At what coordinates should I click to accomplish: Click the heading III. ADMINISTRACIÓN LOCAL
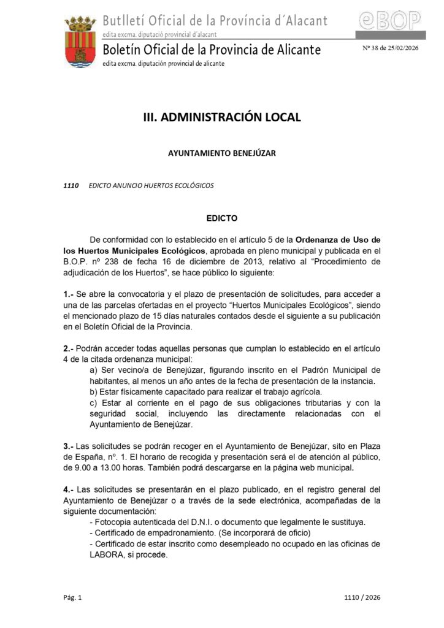click(x=222, y=117)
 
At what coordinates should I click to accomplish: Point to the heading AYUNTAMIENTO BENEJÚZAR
click(x=222, y=153)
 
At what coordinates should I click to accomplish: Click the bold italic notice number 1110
click(x=71, y=185)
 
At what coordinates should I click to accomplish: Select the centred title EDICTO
click(x=221, y=218)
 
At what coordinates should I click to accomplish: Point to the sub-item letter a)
click(x=94, y=370)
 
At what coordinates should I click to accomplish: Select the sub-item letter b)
click(x=94, y=392)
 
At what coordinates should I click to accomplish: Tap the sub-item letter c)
click(x=94, y=403)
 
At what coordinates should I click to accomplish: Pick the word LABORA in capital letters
click(x=105, y=555)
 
